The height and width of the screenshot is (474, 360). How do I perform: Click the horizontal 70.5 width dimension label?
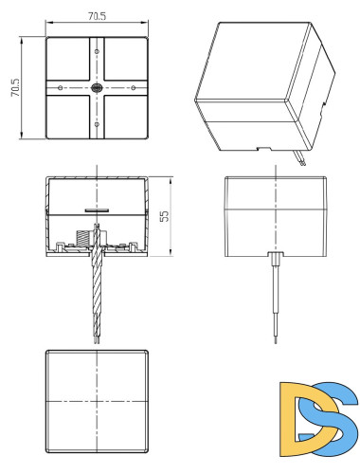coord(97,16)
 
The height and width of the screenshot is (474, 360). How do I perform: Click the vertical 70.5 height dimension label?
coord(15,87)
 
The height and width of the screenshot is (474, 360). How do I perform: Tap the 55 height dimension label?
coord(164,216)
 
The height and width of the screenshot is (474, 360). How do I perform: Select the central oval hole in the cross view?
coord(97,88)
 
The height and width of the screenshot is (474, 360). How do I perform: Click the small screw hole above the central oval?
coord(97,51)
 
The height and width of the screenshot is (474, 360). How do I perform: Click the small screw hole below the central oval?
coord(97,124)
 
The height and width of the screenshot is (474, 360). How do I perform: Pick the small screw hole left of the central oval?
coord(60,87)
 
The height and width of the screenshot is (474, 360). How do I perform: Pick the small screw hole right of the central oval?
coord(134,87)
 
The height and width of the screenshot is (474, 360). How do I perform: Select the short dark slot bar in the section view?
coord(97,210)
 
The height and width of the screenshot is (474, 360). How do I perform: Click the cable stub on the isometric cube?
coord(299,157)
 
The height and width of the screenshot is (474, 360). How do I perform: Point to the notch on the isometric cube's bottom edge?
coord(264,149)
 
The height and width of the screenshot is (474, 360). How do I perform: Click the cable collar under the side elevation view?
coord(276,259)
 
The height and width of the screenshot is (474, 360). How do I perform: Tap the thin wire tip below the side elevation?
coord(276,340)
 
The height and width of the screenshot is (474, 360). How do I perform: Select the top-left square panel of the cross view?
coord(68,59)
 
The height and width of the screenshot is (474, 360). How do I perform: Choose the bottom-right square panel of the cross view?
coord(126,117)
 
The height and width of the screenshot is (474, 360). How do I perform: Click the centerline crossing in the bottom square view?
coord(97,402)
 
